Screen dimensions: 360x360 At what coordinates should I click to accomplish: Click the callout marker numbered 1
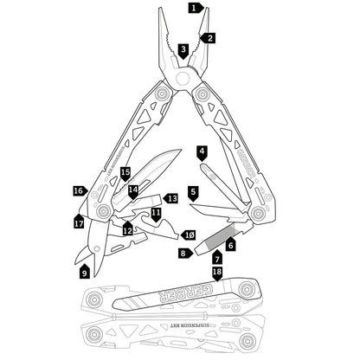(195, 8)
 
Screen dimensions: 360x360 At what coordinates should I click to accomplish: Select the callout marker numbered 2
(209, 37)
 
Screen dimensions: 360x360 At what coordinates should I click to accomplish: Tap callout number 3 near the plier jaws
(183, 50)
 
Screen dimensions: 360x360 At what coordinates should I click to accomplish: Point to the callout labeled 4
(202, 151)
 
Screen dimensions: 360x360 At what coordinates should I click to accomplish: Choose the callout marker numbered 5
(193, 191)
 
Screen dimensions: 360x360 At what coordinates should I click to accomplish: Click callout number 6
(230, 246)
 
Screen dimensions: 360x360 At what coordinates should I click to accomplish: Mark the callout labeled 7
(217, 259)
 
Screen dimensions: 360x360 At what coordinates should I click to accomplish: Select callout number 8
(183, 253)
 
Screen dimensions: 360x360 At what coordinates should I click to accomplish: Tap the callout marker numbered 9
(84, 272)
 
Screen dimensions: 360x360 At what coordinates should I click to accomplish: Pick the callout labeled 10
(190, 235)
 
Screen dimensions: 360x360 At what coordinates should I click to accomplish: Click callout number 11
(156, 212)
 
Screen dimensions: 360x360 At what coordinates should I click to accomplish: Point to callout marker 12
(127, 230)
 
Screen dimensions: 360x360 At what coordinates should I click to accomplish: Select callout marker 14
(133, 190)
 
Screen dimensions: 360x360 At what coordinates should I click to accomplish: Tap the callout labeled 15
(125, 173)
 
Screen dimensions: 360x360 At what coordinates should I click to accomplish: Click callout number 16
(79, 190)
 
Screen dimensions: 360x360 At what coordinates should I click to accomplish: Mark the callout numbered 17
(79, 222)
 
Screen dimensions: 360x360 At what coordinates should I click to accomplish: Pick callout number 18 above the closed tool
(217, 272)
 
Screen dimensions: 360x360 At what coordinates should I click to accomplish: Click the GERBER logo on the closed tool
(183, 297)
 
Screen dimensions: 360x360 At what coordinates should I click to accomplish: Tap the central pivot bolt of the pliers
(183, 78)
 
